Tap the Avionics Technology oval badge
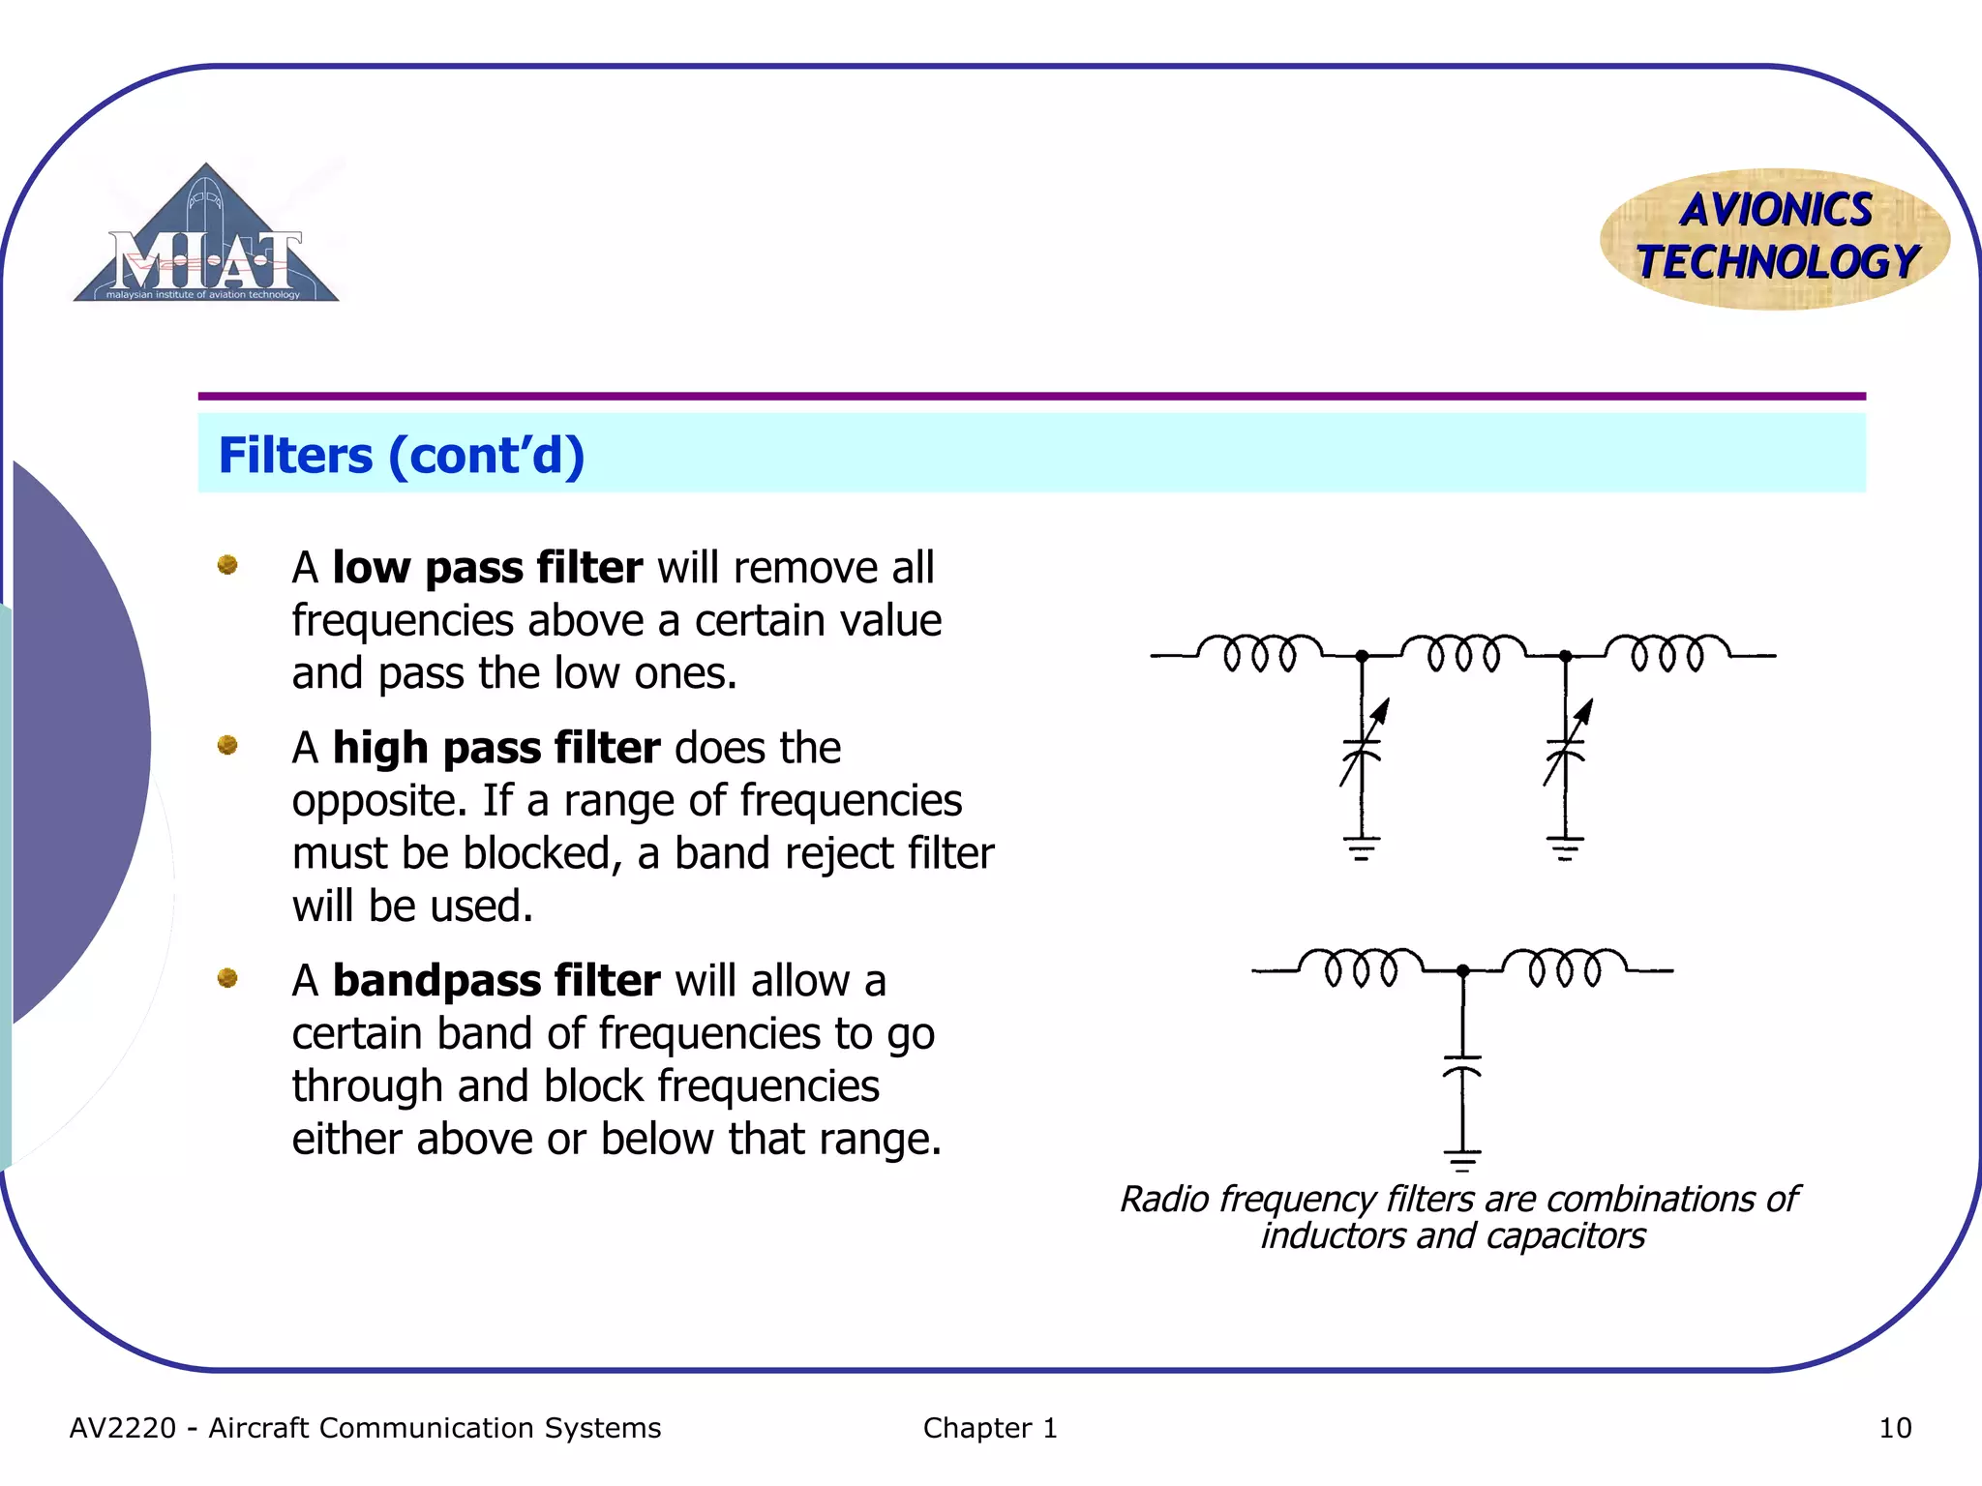[1775, 238]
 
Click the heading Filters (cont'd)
[402, 455]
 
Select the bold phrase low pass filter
[487, 568]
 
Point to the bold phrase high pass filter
[496, 748]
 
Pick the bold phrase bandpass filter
[496, 981]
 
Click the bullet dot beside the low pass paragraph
[227, 565]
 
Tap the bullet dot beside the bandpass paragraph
[227, 978]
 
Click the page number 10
[1895, 1428]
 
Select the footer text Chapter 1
[990, 1428]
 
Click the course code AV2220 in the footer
[123, 1428]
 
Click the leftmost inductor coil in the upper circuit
[1259, 652]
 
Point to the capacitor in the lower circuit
[1462, 1065]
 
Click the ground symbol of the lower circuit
[1462, 1159]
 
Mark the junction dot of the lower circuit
[1462, 970]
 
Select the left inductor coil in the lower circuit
[1361, 966]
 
